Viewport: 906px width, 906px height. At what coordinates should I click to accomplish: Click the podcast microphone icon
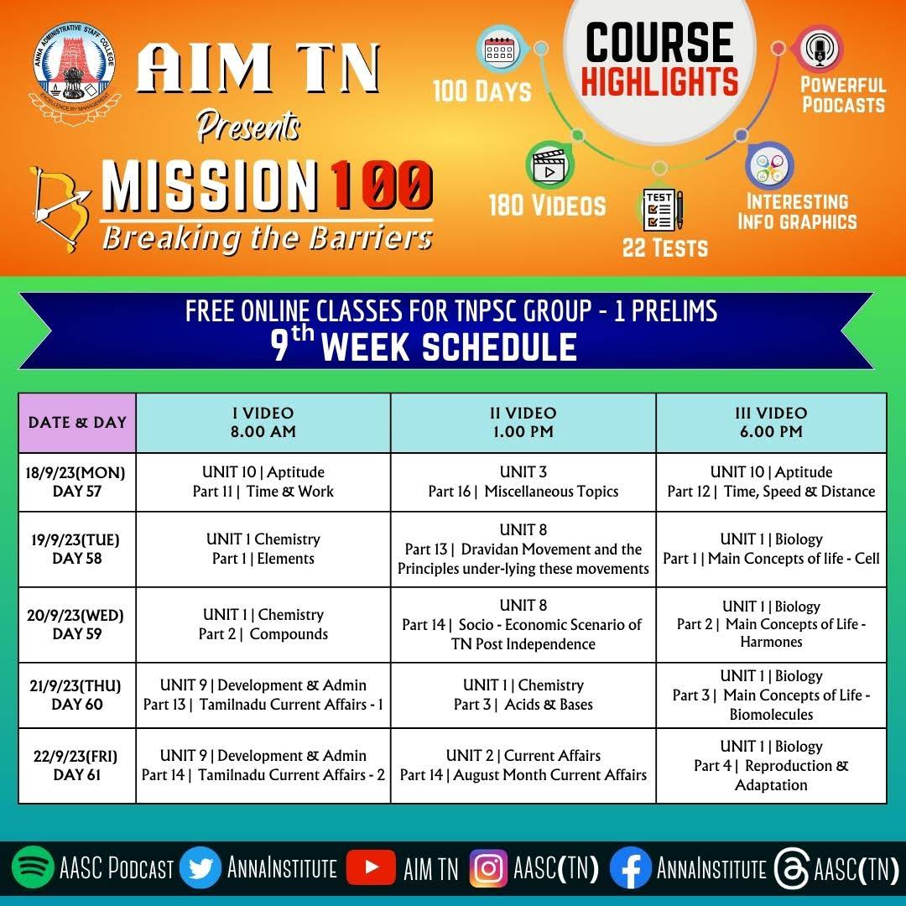(x=819, y=49)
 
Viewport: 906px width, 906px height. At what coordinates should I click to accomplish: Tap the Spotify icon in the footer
(x=32, y=869)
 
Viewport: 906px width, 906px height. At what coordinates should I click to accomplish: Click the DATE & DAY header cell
(x=77, y=423)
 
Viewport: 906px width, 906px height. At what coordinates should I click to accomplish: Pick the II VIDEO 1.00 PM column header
(x=523, y=423)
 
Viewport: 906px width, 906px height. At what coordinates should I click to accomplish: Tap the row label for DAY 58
(x=77, y=549)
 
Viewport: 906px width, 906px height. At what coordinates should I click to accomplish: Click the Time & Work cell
(x=263, y=482)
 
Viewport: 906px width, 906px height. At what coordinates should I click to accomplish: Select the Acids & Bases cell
(x=523, y=695)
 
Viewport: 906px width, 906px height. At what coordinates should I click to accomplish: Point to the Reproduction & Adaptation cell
(x=771, y=766)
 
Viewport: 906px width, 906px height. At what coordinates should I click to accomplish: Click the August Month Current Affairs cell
(x=523, y=765)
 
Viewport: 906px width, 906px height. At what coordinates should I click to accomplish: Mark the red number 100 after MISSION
(x=379, y=185)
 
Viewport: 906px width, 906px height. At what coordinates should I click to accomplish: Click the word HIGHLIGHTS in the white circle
(x=659, y=82)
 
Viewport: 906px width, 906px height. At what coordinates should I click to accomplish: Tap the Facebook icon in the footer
(x=630, y=869)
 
